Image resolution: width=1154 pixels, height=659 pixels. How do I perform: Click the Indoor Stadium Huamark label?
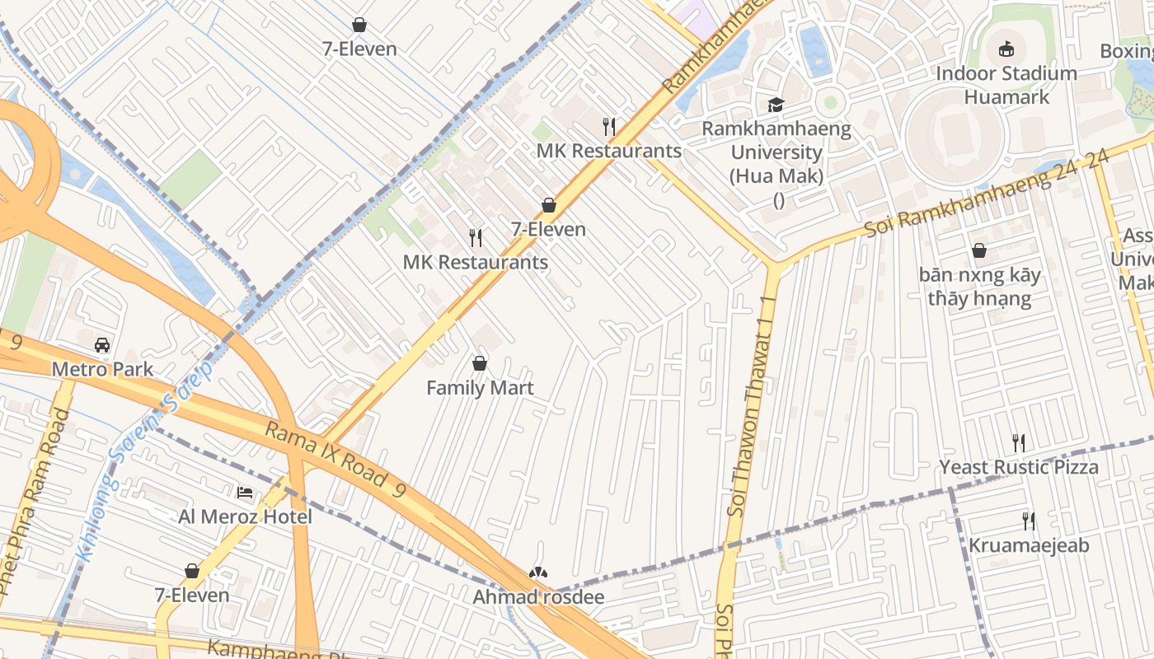click(x=1006, y=85)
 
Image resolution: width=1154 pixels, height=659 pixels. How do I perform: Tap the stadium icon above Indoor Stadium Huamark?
click(x=1006, y=49)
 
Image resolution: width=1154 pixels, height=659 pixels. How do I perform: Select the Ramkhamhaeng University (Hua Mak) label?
click(x=776, y=152)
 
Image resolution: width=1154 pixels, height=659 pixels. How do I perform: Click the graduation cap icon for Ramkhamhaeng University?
click(x=776, y=105)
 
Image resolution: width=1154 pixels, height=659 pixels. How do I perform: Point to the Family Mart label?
click(x=480, y=388)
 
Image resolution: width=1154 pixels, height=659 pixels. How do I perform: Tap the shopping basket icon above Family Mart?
click(x=480, y=363)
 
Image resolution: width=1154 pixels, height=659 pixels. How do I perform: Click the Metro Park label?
click(x=102, y=369)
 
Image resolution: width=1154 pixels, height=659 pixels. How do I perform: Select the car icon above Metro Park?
click(x=102, y=344)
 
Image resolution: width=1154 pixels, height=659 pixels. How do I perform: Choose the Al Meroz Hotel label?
click(x=245, y=517)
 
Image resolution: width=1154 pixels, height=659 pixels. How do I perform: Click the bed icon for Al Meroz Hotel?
click(x=245, y=493)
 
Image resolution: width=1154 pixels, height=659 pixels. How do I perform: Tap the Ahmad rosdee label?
click(x=538, y=597)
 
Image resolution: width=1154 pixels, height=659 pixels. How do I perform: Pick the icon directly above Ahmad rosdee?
click(x=538, y=573)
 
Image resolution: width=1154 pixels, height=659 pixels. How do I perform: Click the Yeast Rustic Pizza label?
click(x=1019, y=468)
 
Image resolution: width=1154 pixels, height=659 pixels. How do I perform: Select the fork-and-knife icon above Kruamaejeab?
click(x=1028, y=521)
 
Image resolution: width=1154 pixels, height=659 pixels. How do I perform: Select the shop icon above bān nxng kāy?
click(x=979, y=250)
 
